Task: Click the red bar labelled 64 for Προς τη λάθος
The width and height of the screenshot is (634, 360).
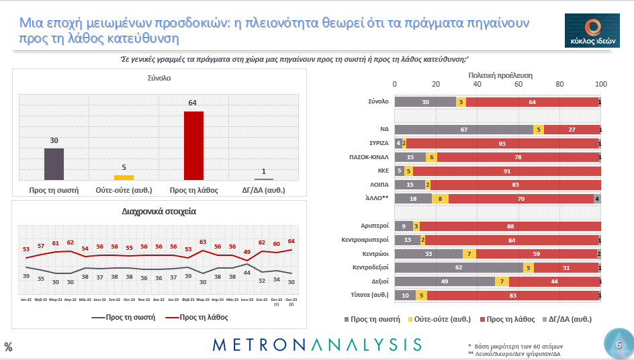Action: [193, 145]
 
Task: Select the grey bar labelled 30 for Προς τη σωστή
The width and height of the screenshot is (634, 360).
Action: [54, 164]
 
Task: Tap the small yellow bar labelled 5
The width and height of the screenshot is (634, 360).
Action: [124, 177]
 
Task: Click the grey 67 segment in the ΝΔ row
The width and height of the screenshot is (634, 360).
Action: [463, 130]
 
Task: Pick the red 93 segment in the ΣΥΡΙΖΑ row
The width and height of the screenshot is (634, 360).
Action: [502, 143]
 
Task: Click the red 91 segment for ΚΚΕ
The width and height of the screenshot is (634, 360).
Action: [506, 171]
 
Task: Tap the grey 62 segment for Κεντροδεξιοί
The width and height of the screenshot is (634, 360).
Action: [458, 268]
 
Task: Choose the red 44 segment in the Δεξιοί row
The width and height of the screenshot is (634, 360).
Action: [555, 281]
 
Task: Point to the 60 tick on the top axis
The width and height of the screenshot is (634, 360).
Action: [518, 85]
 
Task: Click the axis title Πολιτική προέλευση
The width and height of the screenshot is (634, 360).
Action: [498, 76]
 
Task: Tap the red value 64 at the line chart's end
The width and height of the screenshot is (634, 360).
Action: [291, 241]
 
